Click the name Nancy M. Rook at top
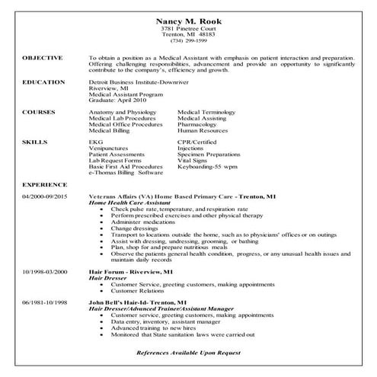pyautogui.click(x=187, y=21)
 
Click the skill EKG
pyautogui.click(x=94, y=142)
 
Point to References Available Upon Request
pyautogui.click(x=187, y=353)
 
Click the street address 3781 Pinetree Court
pyautogui.click(x=187, y=28)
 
